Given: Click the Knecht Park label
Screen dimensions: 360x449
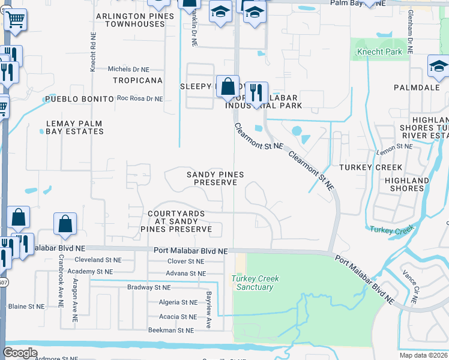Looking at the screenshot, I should (x=379, y=52).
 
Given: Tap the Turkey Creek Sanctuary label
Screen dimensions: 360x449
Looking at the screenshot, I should (x=252, y=283).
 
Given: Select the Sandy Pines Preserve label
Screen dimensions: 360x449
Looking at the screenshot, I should (x=215, y=178).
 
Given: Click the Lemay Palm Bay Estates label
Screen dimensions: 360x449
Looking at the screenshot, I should (x=74, y=127).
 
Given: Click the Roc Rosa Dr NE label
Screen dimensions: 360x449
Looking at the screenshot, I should (x=140, y=98).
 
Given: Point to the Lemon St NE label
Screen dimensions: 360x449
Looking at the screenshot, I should (x=394, y=146).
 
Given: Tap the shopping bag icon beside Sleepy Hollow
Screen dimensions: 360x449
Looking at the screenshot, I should (x=228, y=87).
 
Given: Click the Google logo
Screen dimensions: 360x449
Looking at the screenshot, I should (x=20, y=353).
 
